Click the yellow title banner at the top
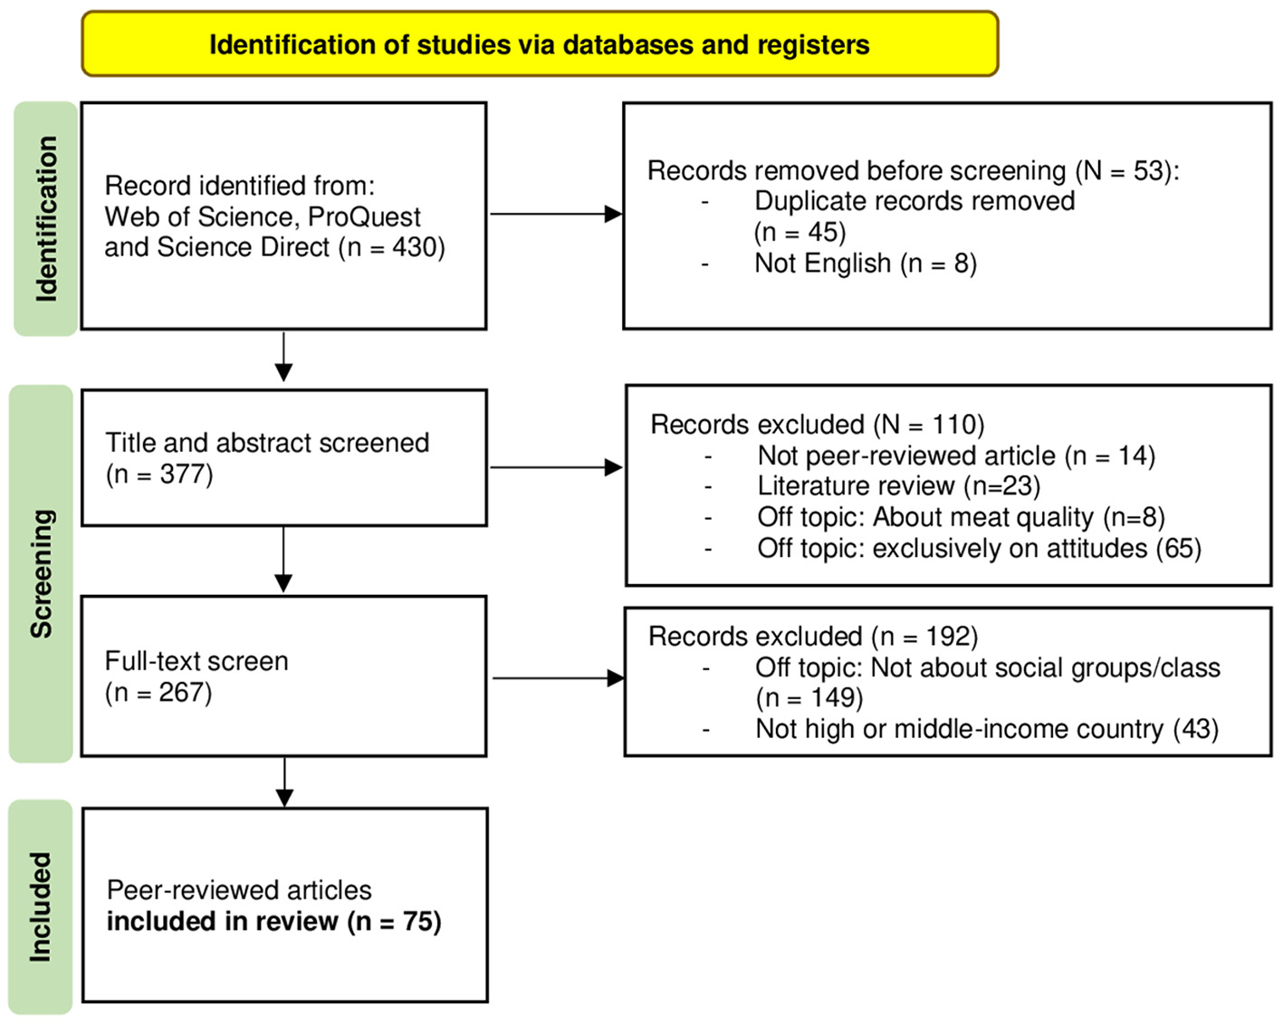[540, 44]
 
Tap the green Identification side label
[45, 219]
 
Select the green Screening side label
[41, 573]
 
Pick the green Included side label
[40, 906]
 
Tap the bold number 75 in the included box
[420, 922]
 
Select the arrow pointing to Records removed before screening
[555, 215]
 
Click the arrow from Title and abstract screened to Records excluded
[555, 468]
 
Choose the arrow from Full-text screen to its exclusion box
[557, 678]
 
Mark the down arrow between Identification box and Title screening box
[283, 357]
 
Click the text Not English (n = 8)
[865, 264]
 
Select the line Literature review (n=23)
[898, 486]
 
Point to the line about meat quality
[960, 517]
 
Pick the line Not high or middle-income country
[986, 729]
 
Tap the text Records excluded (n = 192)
[812, 637]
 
